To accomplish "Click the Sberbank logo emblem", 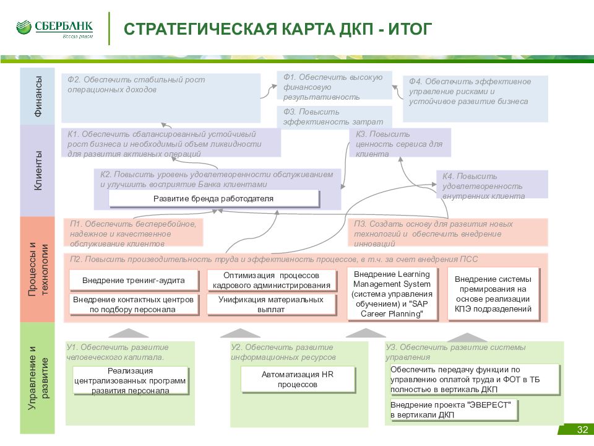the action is tap(24, 28).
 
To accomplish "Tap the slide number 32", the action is tap(582, 430).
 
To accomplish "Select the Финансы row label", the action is tap(38, 96).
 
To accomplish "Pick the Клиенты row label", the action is tap(38, 170).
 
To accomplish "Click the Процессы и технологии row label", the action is tap(38, 269).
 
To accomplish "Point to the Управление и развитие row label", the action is tap(38, 378).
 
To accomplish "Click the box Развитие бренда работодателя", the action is tap(214, 199).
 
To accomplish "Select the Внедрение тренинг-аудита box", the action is tap(134, 281).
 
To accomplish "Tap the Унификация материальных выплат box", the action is tap(271, 305).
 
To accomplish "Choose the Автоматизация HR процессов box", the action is tap(298, 379).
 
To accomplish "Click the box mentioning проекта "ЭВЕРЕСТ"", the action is tap(454, 410).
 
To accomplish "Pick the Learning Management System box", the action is tap(392, 294).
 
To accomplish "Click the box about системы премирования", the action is tap(493, 294).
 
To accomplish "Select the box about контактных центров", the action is tap(134, 305).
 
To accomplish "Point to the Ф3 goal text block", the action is tap(334, 117).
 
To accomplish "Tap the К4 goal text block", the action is tap(484, 186).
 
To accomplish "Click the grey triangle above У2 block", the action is tap(240, 333).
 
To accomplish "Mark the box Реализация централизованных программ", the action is tap(131, 381).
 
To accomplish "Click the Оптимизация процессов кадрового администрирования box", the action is tap(271, 281).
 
